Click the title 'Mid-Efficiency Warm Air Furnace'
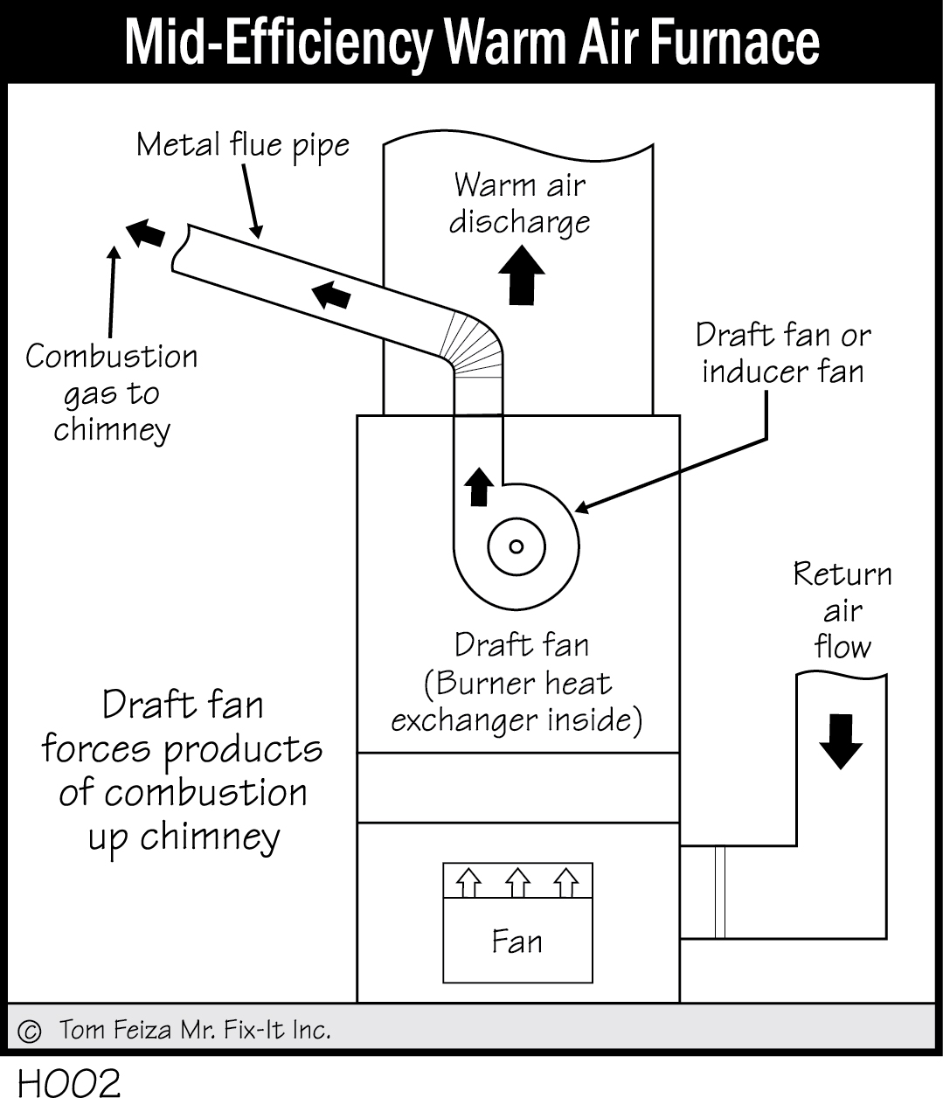click(472, 41)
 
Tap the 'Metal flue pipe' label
click(242, 145)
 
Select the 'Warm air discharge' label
click(520, 203)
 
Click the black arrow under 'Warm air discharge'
click(522, 274)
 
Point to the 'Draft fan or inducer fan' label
click(783, 353)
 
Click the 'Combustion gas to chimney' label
click(112, 393)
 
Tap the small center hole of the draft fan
click(516, 547)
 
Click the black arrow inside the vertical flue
click(477, 486)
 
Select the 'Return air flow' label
click(842, 610)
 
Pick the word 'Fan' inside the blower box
click(517, 942)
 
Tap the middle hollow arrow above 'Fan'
click(518, 883)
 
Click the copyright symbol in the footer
click(29, 1031)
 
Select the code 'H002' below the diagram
click(68, 1082)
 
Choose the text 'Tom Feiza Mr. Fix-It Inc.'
click(195, 1030)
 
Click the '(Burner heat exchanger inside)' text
click(517, 701)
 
